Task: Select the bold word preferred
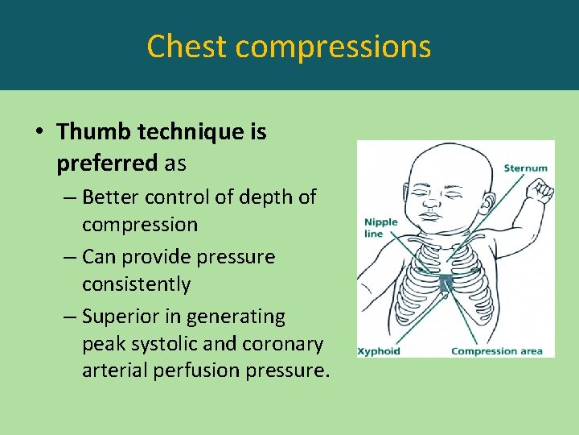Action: click(x=107, y=164)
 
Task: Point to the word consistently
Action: click(x=136, y=284)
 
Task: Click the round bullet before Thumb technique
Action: click(x=42, y=132)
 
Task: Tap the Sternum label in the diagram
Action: click(x=525, y=168)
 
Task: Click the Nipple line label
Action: click(x=380, y=228)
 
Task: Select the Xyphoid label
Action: click(x=379, y=350)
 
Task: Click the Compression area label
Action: click(x=496, y=350)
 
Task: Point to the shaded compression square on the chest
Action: click(x=446, y=283)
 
